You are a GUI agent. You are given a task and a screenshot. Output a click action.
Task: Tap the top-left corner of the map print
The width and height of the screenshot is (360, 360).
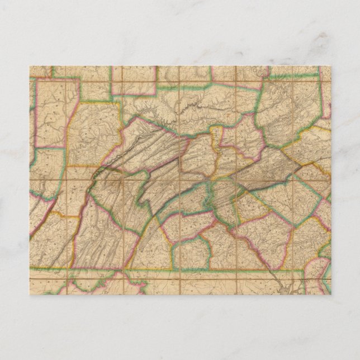[x=30, y=66]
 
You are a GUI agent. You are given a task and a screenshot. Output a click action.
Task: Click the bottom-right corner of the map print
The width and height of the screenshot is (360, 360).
[x=331, y=295]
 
